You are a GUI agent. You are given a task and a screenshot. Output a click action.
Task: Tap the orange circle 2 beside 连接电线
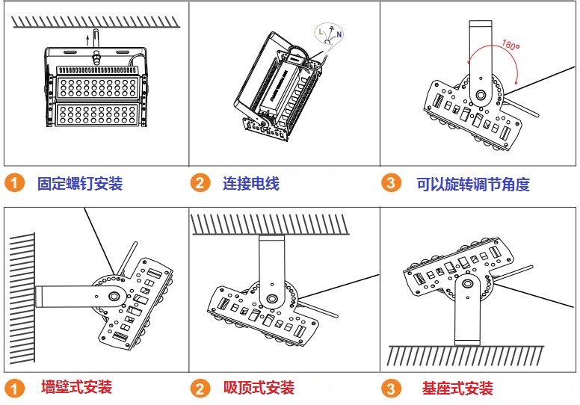(x=200, y=183)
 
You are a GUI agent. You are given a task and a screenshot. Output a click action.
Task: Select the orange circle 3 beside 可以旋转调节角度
(x=390, y=183)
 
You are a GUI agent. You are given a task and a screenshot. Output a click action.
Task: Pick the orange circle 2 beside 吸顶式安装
(x=200, y=388)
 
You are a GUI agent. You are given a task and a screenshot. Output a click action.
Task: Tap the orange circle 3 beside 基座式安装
(x=390, y=388)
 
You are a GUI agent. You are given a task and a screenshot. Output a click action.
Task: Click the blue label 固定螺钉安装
(x=80, y=183)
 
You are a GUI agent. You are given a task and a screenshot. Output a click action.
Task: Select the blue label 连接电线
(x=251, y=183)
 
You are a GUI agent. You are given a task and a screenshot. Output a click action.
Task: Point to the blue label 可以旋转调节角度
(x=472, y=183)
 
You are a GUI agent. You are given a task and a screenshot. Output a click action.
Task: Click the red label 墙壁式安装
(x=77, y=387)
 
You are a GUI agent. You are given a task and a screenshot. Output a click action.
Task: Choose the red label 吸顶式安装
(x=259, y=387)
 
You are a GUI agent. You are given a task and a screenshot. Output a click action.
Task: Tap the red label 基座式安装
(x=457, y=388)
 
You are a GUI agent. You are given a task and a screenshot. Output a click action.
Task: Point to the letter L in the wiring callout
(x=320, y=32)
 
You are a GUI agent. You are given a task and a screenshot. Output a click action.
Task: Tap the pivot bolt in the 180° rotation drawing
(x=480, y=95)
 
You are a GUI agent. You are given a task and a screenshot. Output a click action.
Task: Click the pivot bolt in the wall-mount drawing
(x=113, y=296)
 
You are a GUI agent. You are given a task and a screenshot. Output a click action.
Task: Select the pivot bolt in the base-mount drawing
(x=466, y=284)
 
